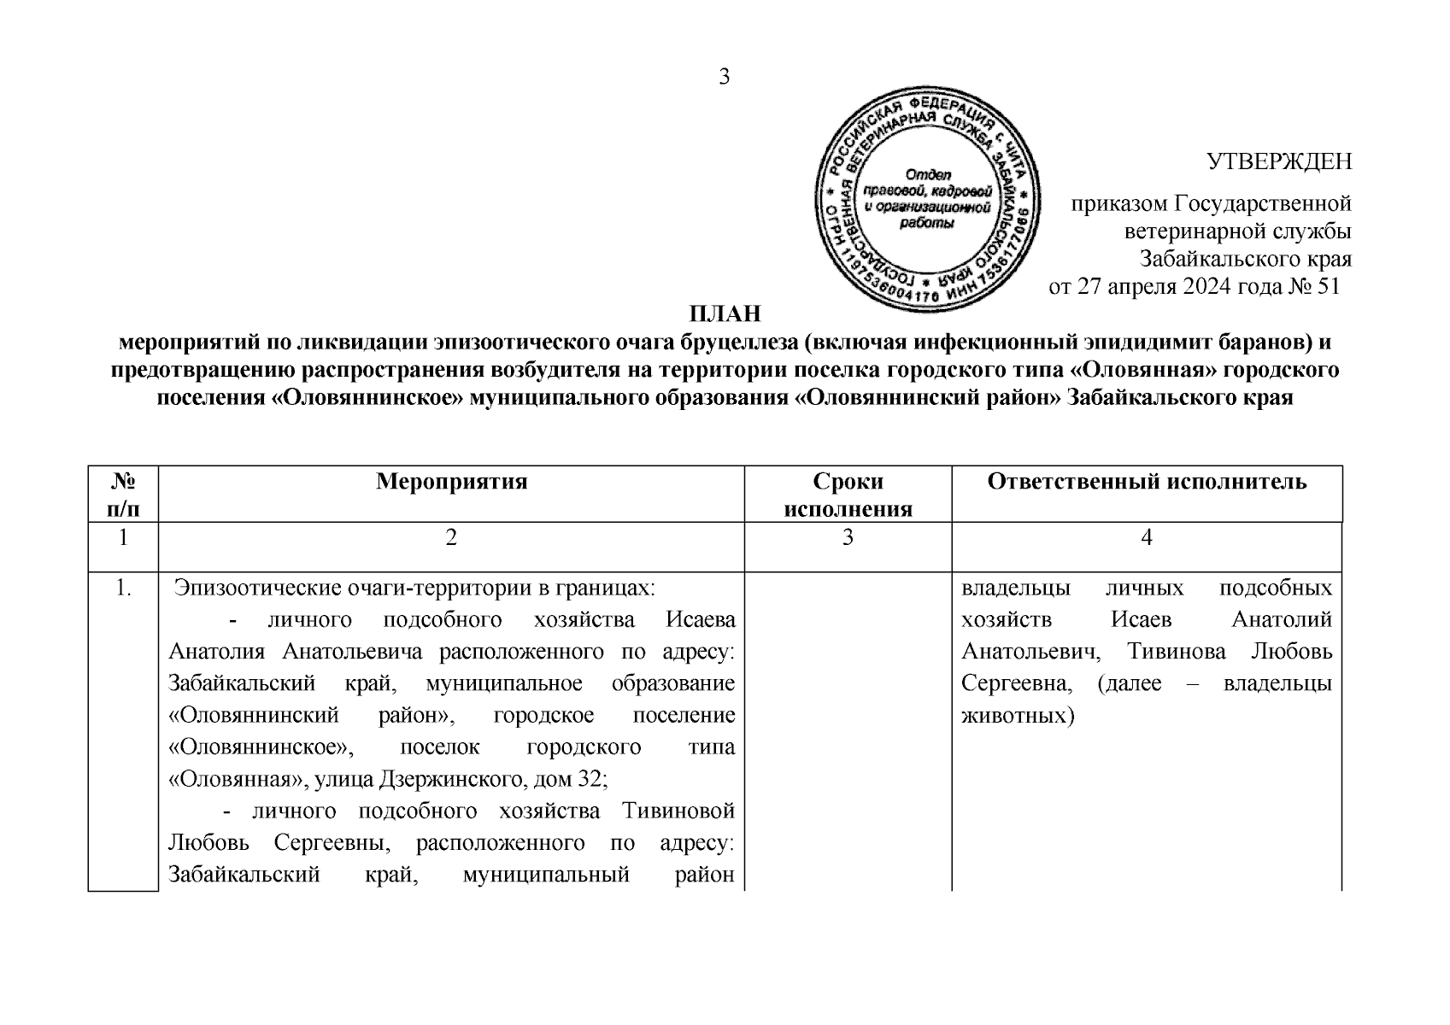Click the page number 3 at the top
click(725, 77)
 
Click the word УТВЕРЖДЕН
click(1278, 161)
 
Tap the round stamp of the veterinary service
click(928, 199)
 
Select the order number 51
click(1329, 286)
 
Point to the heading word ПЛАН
click(725, 313)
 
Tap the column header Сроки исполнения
click(848, 495)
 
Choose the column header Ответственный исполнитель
click(1147, 482)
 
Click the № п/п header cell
click(124, 495)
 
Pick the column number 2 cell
click(451, 537)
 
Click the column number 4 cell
click(1147, 537)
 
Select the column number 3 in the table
click(848, 537)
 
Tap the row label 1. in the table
click(124, 589)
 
